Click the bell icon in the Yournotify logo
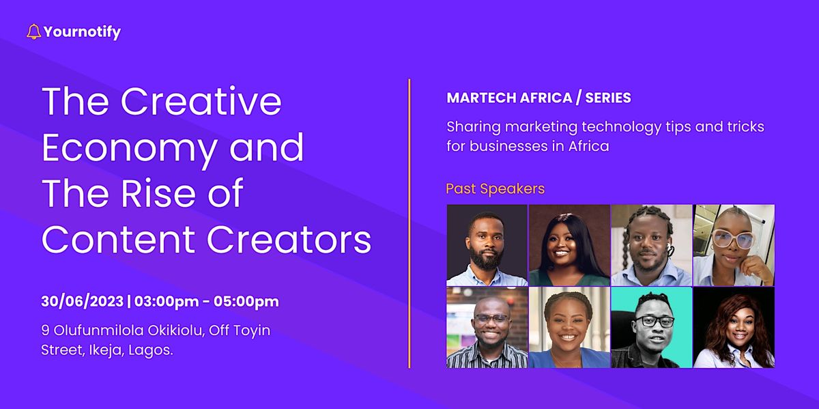click(x=33, y=31)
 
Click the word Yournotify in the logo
click(x=82, y=31)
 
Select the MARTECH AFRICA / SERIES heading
click(x=538, y=98)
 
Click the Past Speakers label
click(x=495, y=188)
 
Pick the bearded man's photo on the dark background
click(x=487, y=245)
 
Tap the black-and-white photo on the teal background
click(x=651, y=327)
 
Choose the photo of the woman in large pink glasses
click(x=734, y=245)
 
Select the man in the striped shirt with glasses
click(x=487, y=327)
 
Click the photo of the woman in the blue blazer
click(x=569, y=327)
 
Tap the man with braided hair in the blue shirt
click(x=651, y=245)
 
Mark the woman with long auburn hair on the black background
click(x=734, y=327)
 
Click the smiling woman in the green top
click(x=569, y=245)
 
